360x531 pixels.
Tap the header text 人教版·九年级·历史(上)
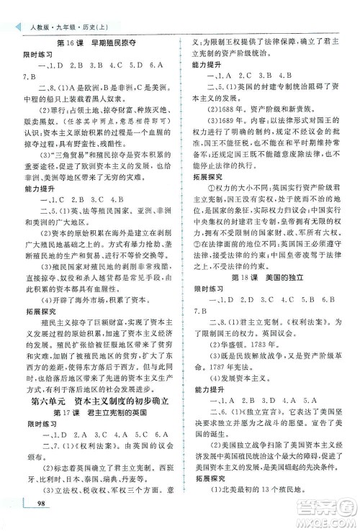55,9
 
